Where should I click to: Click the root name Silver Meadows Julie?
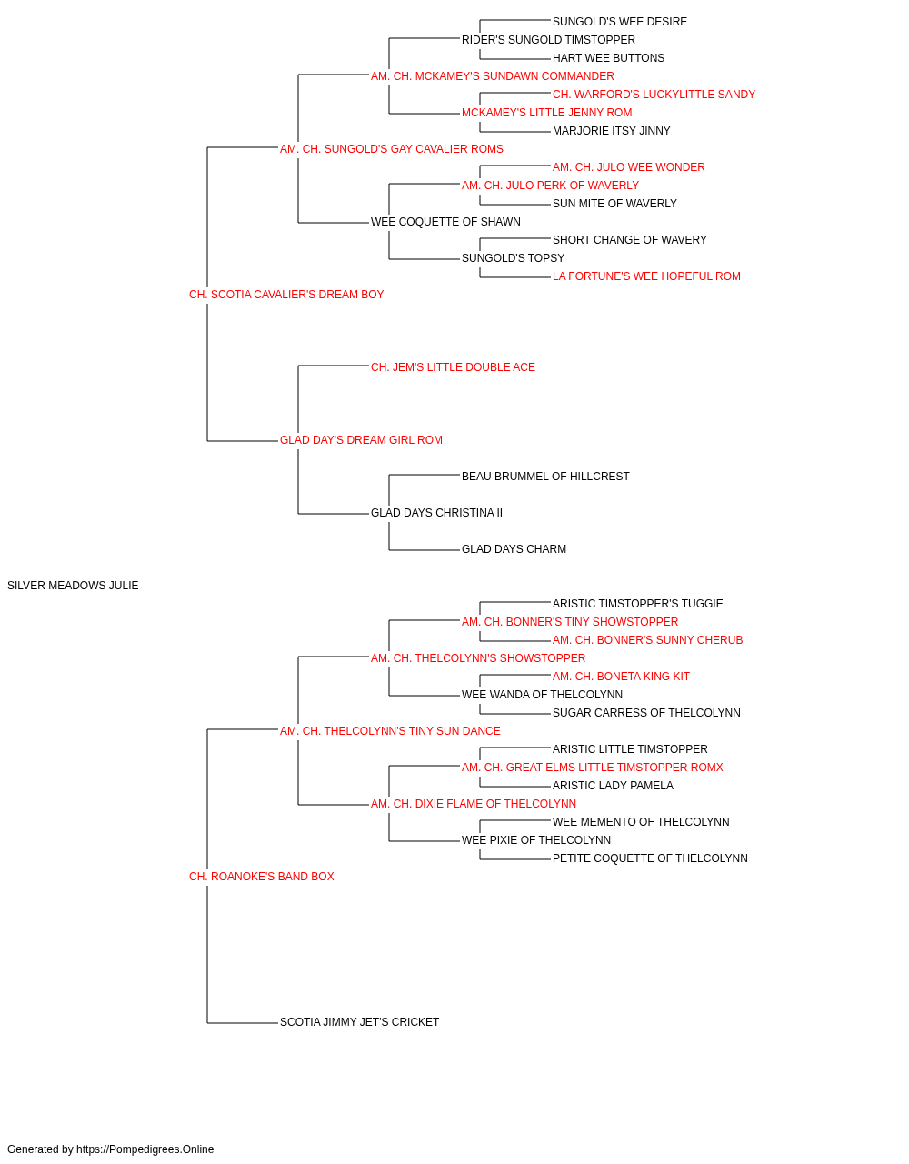click(73, 586)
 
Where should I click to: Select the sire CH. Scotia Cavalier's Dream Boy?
click(286, 295)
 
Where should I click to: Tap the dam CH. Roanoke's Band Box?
click(261, 877)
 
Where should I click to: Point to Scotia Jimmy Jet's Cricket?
click(359, 1022)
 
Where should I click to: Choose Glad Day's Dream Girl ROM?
click(362, 440)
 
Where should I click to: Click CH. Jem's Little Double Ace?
click(453, 367)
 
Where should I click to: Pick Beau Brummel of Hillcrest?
click(545, 477)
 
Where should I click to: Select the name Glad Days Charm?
click(514, 549)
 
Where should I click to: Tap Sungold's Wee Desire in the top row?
click(620, 22)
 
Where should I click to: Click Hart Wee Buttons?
click(609, 58)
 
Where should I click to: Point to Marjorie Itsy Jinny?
click(612, 131)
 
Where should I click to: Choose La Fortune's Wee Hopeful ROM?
click(646, 276)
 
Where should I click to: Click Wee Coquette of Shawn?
click(445, 222)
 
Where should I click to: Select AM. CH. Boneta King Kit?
click(621, 677)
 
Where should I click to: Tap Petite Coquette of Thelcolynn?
click(650, 858)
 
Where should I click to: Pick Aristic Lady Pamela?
click(613, 786)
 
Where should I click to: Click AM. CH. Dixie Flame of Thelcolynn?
click(474, 804)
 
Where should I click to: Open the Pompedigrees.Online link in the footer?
click(145, 1149)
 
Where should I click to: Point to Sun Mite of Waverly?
click(614, 204)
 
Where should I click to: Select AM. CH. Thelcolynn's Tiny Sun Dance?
click(390, 730)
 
